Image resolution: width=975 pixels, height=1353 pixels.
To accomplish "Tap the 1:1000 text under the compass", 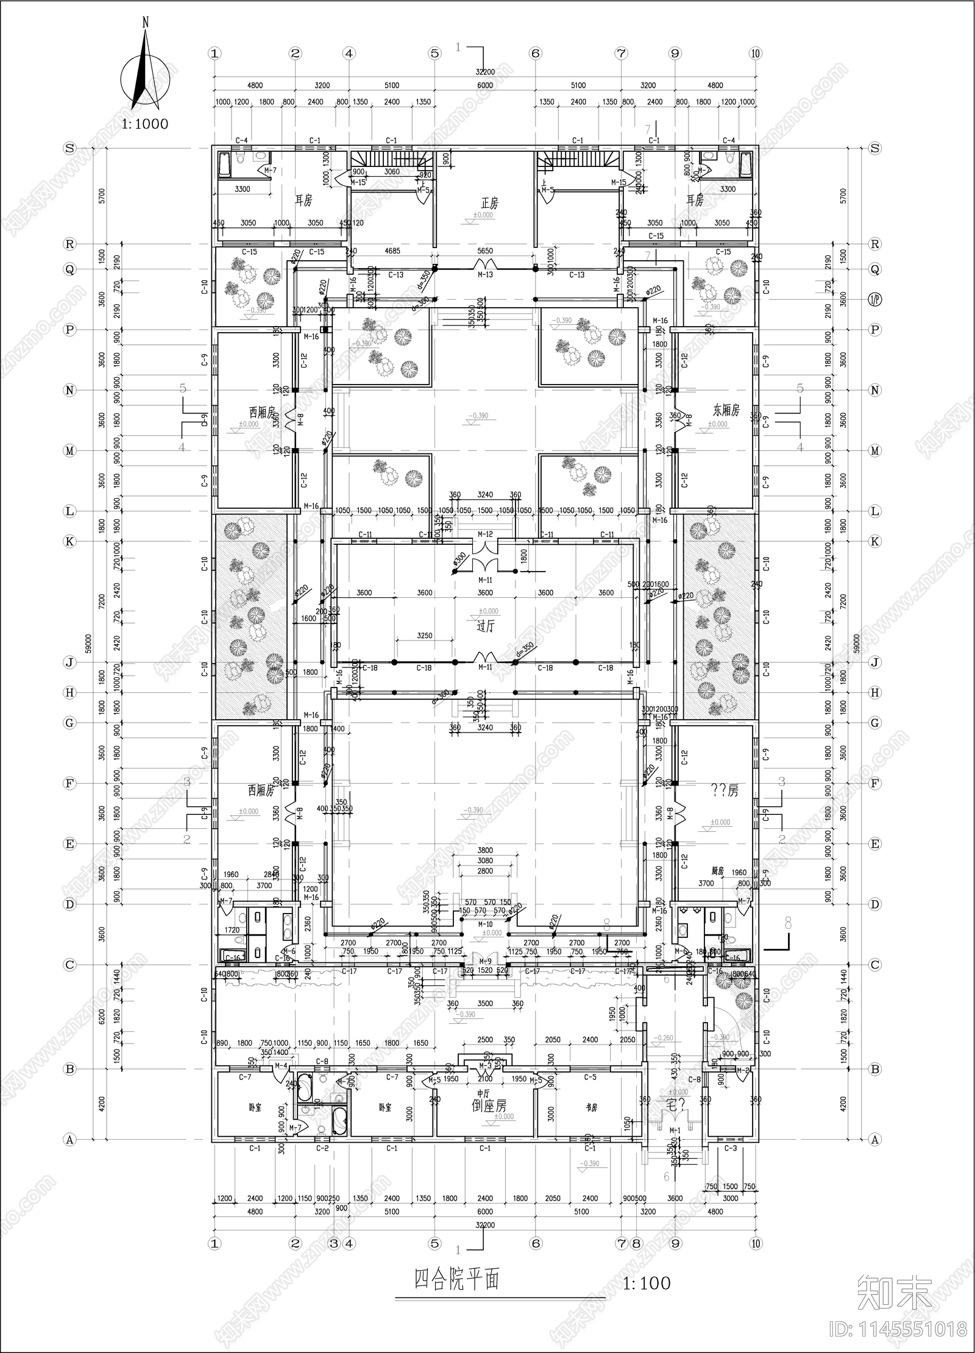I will point(145,124).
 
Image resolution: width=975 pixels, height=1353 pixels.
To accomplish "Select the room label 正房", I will point(485,202).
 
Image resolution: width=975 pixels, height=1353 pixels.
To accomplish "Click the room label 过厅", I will point(485,625).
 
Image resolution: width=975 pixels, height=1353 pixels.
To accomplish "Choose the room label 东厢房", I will point(726,410).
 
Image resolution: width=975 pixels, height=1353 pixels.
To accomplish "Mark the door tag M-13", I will point(485,275).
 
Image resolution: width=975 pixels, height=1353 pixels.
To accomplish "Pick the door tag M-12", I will point(485,534).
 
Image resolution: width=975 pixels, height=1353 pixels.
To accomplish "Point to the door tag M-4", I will point(281,1065).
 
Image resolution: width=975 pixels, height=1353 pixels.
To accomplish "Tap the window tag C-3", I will point(731,1148).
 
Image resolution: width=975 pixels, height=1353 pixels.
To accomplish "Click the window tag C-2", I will point(322,1148).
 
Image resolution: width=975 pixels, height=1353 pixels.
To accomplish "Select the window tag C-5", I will point(590,1077).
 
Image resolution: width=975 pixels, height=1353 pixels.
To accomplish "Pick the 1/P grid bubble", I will point(875,299).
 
